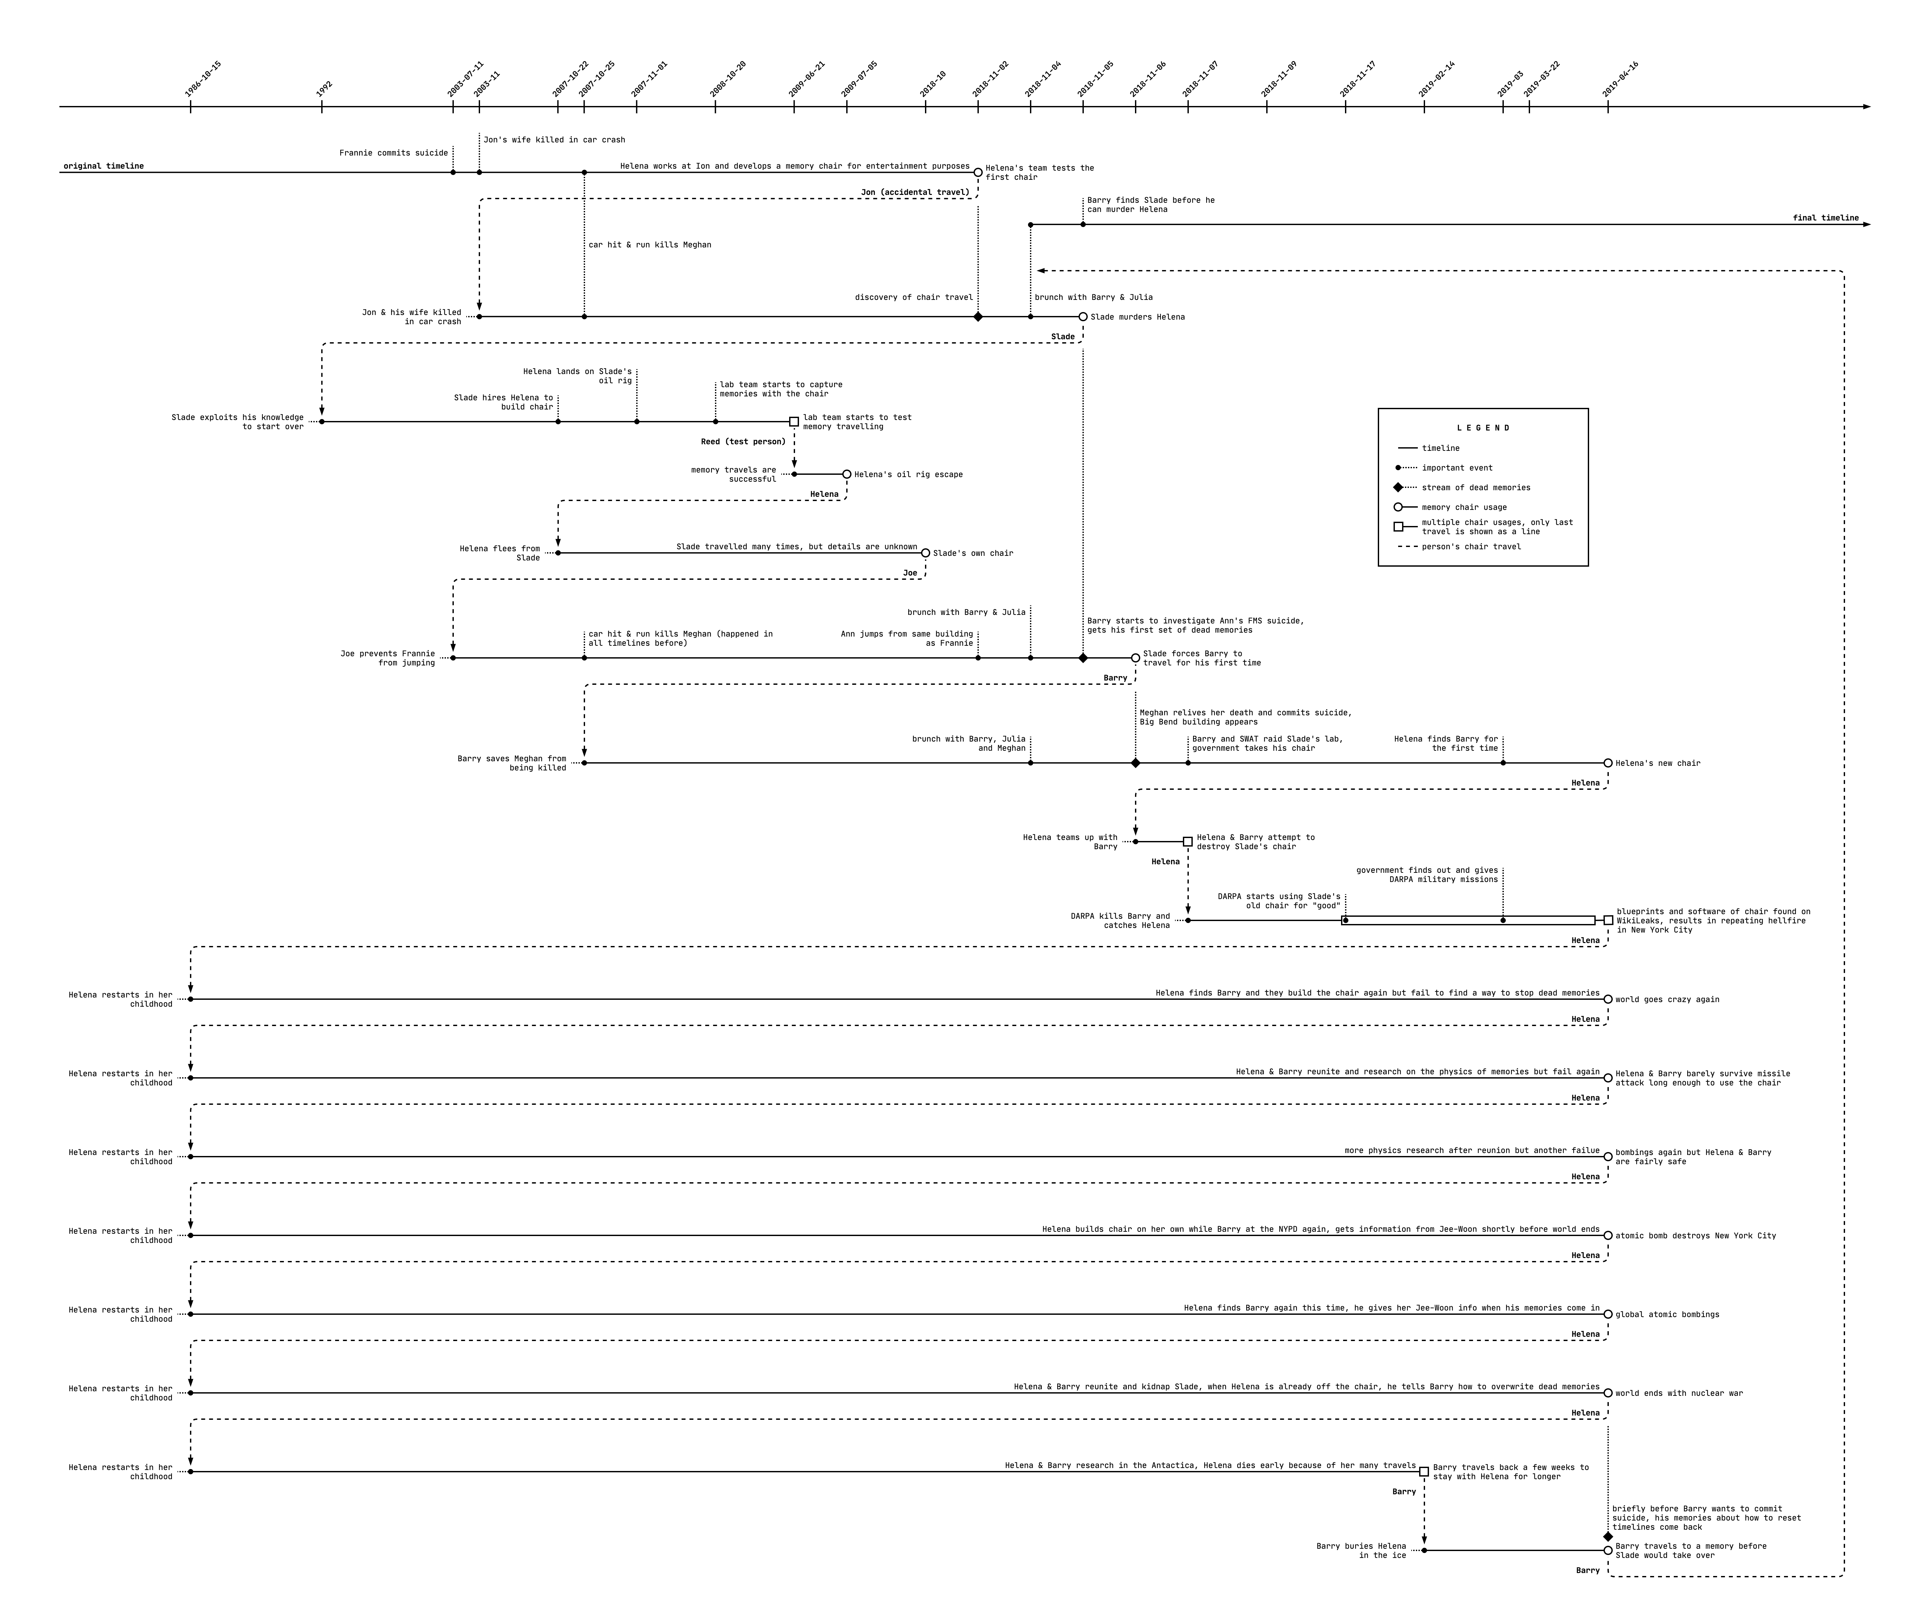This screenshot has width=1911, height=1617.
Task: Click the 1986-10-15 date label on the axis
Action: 202,80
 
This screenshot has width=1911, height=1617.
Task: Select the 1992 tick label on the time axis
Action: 325,89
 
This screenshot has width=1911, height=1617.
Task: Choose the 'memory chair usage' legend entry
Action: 1464,507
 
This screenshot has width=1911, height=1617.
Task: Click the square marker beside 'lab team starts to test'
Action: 794,422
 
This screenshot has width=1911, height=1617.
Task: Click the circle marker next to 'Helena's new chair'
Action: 1607,763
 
